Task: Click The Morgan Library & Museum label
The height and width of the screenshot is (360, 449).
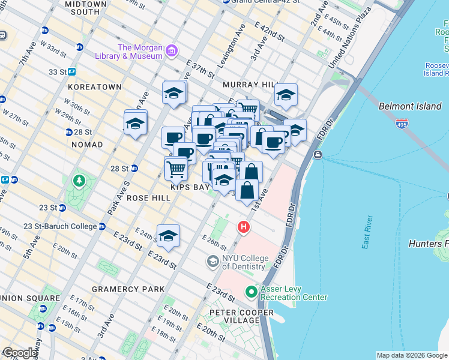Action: [x=140, y=52]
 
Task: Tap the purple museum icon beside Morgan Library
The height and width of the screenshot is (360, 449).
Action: [x=172, y=50]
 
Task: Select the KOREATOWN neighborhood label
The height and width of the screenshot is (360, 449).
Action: [x=95, y=87]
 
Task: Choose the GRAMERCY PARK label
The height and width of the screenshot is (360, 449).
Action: [x=128, y=289]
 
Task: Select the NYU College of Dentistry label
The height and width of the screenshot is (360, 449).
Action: [x=244, y=262]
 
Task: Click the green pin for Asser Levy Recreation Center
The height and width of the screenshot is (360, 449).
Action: [x=251, y=292]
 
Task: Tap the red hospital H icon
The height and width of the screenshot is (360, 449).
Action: [x=243, y=227]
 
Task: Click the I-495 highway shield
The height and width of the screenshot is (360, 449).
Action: [x=402, y=124]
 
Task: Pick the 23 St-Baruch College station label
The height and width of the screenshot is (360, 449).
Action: [x=60, y=226]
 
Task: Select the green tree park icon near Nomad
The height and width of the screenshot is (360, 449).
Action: [x=79, y=180]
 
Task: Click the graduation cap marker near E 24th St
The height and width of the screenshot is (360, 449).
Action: [x=168, y=236]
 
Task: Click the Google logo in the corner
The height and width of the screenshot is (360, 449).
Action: [x=20, y=353]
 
